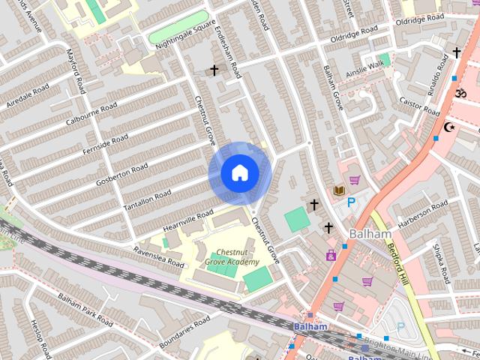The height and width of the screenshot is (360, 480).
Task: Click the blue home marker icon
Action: tap(239, 173)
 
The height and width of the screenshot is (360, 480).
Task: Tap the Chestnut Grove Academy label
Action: tap(232, 257)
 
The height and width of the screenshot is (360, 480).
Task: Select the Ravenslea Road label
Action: tap(158, 257)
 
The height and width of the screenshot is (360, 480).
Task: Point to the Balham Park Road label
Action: tap(84, 308)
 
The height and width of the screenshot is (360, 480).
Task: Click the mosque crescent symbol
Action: tap(450, 127)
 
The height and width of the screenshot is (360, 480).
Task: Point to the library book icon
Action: tap(339, 191)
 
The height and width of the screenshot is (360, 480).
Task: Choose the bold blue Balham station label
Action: tap(310, 327)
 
